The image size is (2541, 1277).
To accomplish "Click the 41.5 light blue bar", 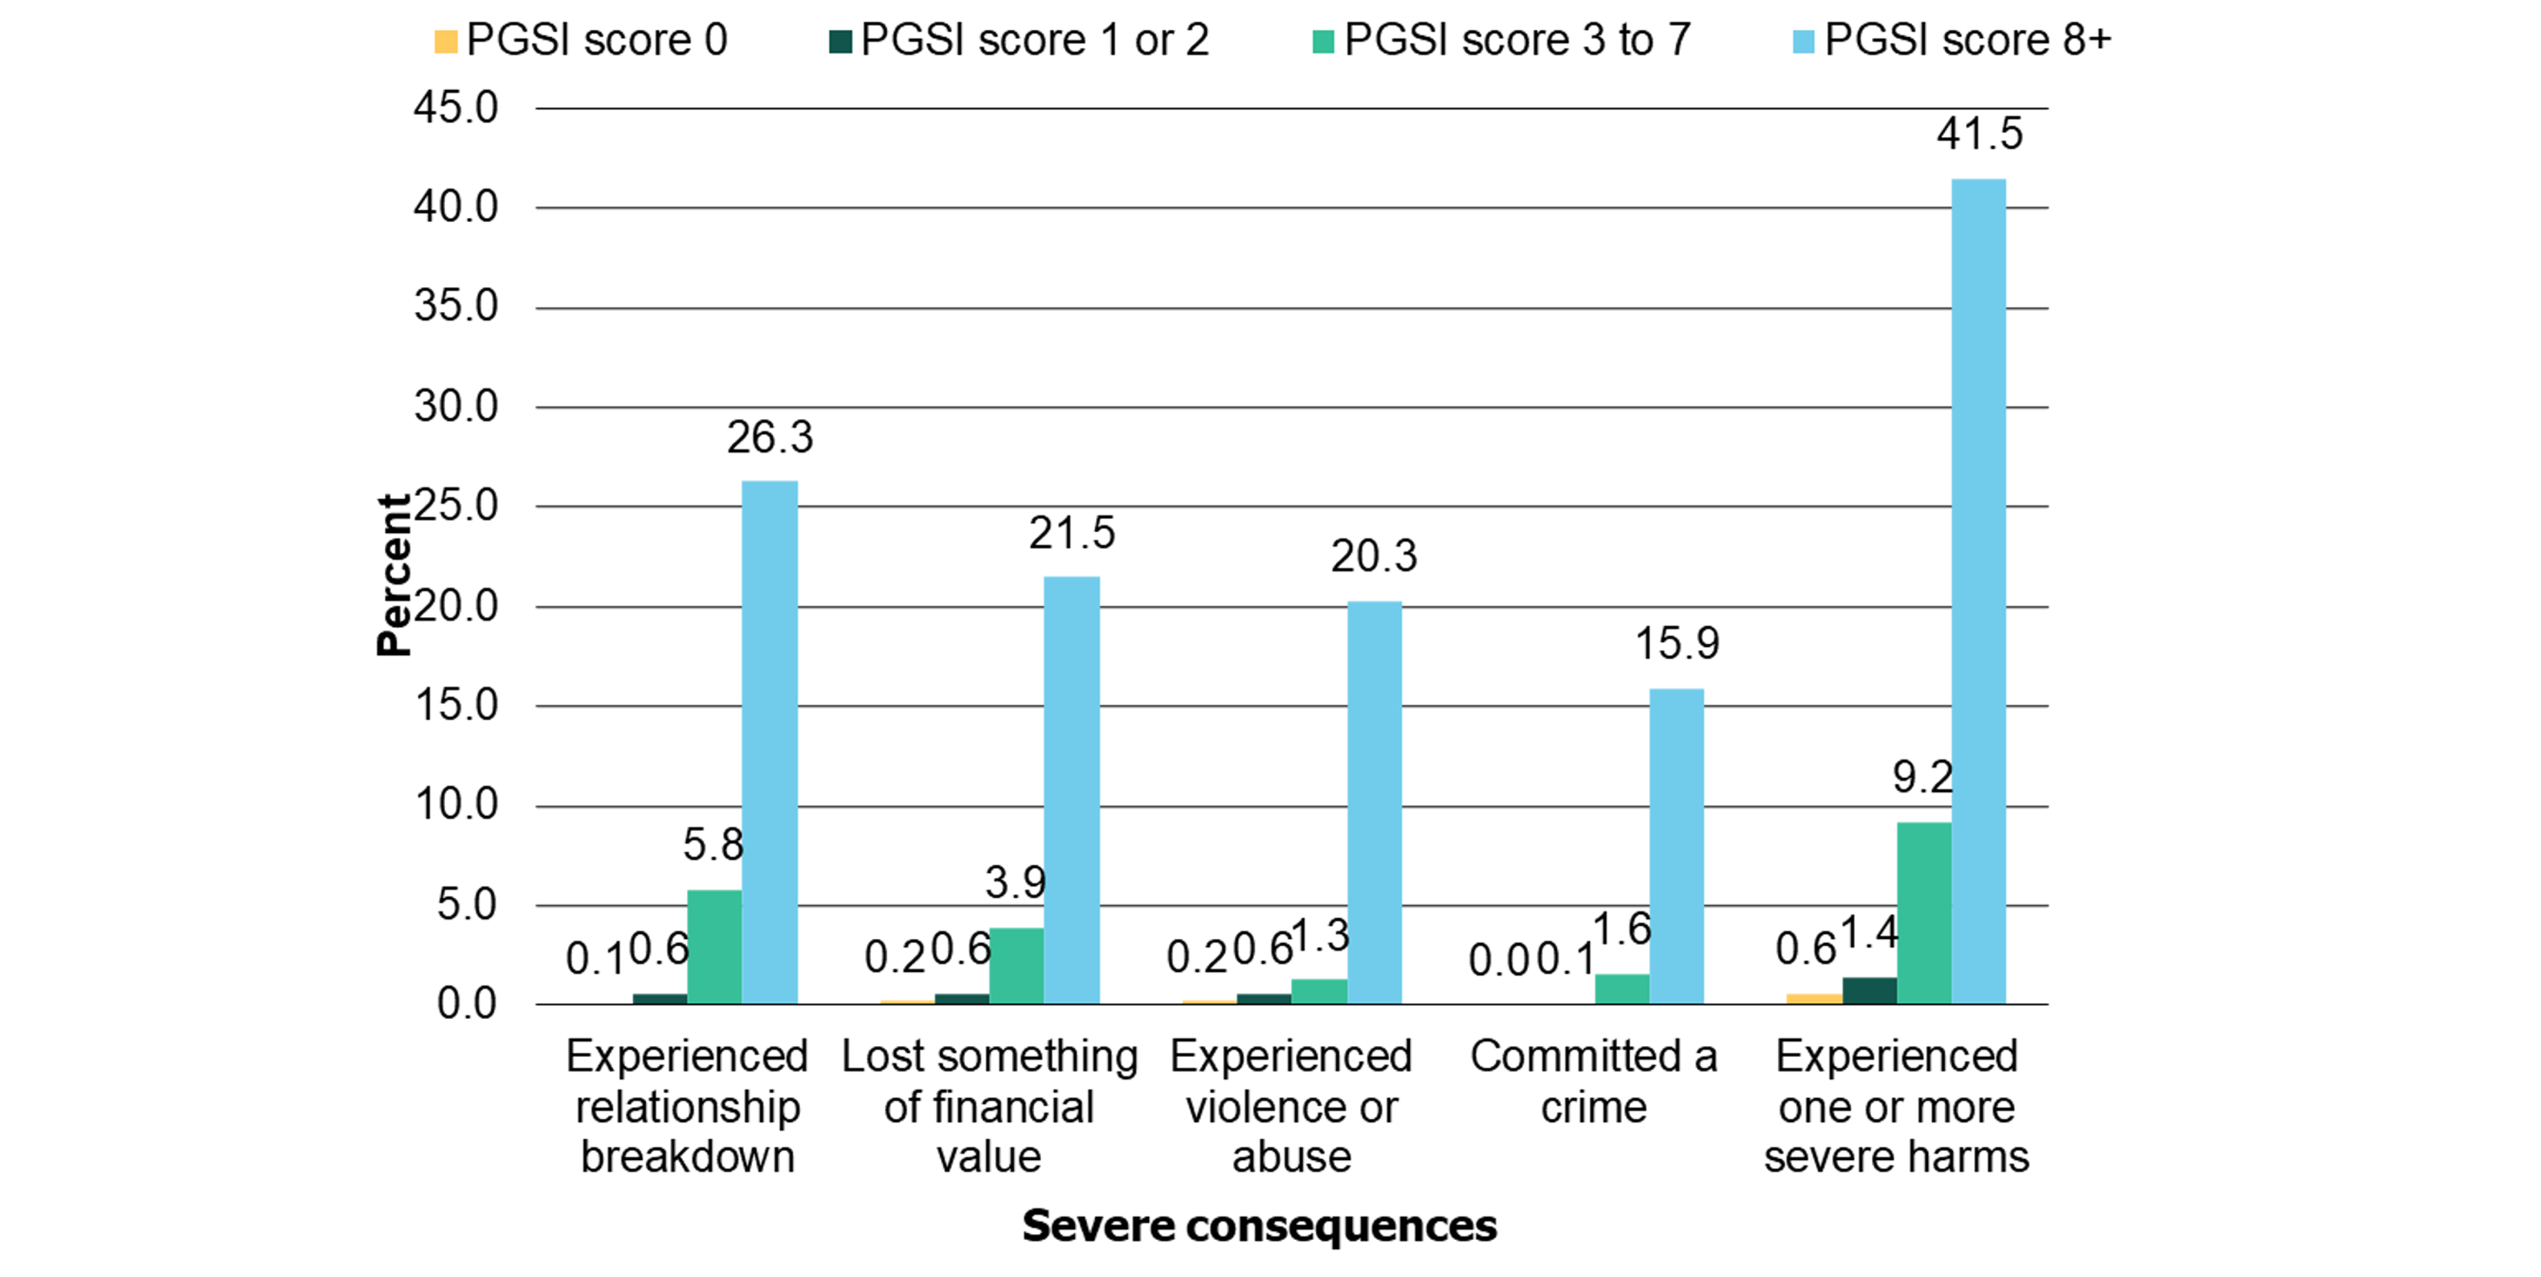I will (x=1978, y=592).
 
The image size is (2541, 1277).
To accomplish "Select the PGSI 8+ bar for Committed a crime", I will (x=1676, y=846).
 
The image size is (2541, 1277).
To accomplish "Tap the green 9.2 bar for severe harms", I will (x=1923, y=913).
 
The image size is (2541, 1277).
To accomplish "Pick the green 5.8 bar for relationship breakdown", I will (x=714, y=947).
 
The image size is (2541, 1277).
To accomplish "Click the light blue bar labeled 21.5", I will (x=1071, y=789).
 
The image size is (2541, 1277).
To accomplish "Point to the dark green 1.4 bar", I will (x=1870, y=990).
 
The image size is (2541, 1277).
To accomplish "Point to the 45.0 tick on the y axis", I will (x=456, y=108).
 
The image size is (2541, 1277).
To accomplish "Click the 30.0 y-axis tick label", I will (x=456, y=407).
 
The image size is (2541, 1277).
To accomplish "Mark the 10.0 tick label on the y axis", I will (x=456, y=806).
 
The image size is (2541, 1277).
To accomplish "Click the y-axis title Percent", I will (x=393, y=575).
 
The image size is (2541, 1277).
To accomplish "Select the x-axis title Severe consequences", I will (x=1259, y=1225).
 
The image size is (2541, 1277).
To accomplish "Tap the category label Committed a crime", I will (x=1593, y=1081).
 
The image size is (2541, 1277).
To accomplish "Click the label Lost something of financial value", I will (x=989, y=1106).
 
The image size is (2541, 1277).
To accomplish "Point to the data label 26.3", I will (x=769, y=437).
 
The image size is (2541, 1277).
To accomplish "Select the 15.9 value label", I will (x=1676, y=643).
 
